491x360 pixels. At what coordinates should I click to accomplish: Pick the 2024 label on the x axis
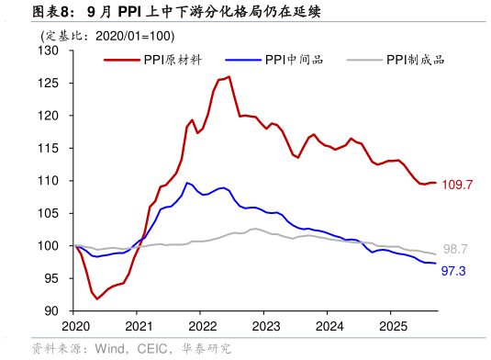329,326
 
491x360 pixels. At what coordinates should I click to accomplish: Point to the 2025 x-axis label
393,326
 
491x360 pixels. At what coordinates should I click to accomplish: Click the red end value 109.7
456,185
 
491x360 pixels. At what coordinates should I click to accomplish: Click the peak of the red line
229,77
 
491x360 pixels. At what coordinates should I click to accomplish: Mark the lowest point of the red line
97,298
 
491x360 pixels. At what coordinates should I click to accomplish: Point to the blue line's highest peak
187,183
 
